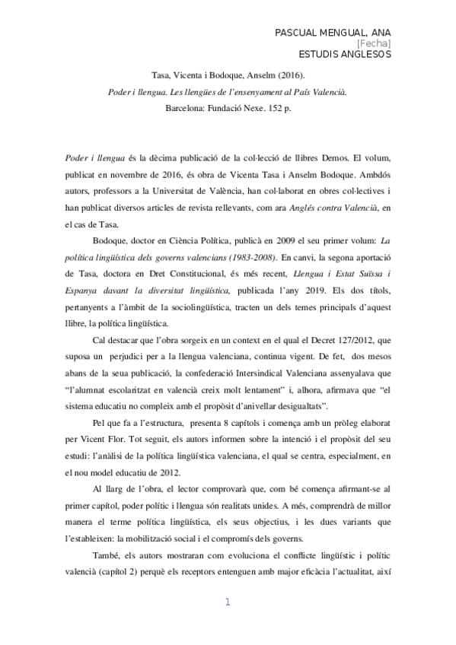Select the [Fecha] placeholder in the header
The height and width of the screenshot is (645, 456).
coord(378,43)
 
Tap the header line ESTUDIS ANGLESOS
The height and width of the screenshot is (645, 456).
coord(345,55)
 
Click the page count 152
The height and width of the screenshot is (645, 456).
coord(273,108)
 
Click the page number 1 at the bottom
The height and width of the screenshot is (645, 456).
coord(228,603)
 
